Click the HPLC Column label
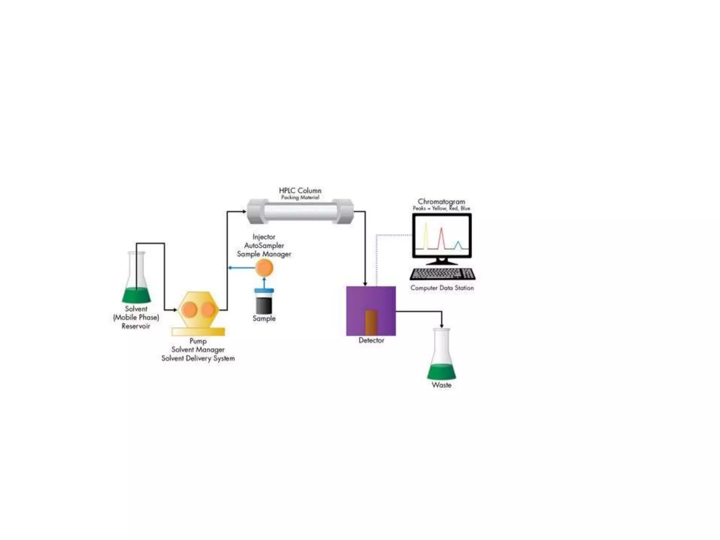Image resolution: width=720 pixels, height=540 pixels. [x=300, y=191]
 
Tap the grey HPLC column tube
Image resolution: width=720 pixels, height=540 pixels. [x=300, y=212]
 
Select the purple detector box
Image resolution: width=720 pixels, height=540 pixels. [x=371, y=299]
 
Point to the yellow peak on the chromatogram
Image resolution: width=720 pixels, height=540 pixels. [x=426, y=236]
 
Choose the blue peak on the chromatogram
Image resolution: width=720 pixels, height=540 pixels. [x=458, y=245]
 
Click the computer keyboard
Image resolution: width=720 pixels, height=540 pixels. [x=442, y=274]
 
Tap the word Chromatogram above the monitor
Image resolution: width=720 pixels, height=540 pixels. [x=441, y=201]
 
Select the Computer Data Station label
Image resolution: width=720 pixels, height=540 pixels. [x=442, y=288]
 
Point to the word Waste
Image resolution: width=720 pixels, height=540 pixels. [x=442, y=385]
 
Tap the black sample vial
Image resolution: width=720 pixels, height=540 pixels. [x=264, y=304]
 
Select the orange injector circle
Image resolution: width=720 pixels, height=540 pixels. [x=264, y=268]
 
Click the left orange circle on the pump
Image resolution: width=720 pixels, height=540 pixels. [x=189, y=309]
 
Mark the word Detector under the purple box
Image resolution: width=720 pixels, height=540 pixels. [x=371, y=340]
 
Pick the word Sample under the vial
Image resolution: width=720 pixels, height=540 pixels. [x=264, y=319]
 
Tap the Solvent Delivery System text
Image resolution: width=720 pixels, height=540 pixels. [x=198, y=359]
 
